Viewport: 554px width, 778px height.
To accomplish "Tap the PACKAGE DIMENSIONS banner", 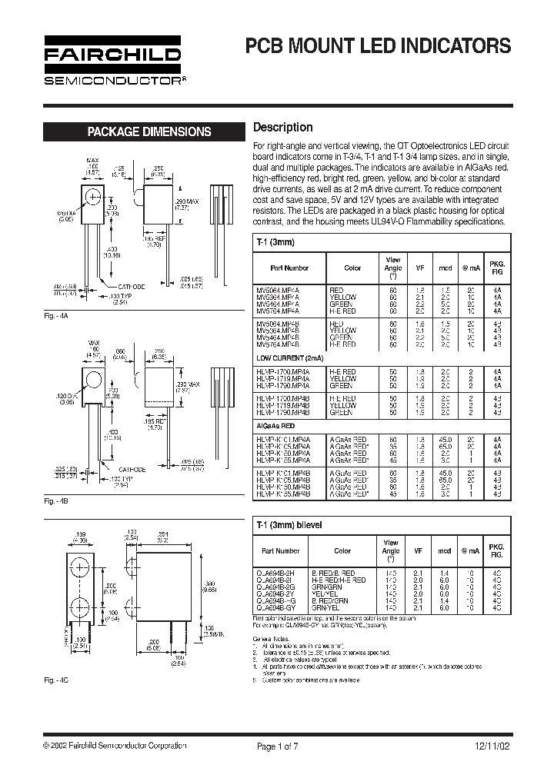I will (149, 131).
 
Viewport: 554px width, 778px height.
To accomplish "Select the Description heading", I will (283, 128).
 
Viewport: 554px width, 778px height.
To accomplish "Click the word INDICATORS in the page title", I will (452, 46).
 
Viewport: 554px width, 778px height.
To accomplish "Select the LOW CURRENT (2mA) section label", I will (290, 358).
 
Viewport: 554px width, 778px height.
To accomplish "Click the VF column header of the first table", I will (420, 268).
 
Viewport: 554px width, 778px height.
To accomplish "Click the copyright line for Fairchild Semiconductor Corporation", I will (115, 746).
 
